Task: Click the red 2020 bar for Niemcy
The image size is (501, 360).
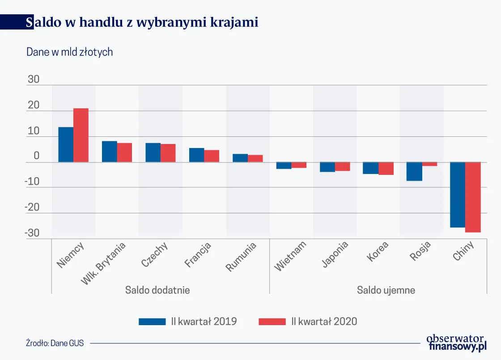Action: pos(81,135)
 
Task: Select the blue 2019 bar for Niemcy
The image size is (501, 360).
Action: pos(66,144)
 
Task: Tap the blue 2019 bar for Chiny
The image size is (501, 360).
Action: pos(458,195)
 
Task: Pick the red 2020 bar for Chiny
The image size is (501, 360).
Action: pos(473,197)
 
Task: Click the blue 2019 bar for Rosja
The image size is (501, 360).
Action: pos(414,171)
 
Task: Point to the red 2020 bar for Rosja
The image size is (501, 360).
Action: pos(429,164)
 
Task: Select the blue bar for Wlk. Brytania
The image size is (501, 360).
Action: pos(109,152)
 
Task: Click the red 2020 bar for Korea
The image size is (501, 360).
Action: pos(386,168)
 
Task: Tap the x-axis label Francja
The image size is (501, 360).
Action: pos(198,255)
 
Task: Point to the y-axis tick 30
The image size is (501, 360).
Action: pos(34,80)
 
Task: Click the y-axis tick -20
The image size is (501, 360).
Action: pos(31,208)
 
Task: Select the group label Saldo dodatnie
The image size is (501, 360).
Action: pos(157,290)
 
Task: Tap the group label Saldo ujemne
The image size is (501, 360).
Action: pos(386,290)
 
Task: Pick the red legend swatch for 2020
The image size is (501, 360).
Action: pos(272,321)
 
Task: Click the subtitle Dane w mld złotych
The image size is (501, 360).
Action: pos(69,52)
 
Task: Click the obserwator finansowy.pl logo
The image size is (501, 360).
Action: pos(456,343)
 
